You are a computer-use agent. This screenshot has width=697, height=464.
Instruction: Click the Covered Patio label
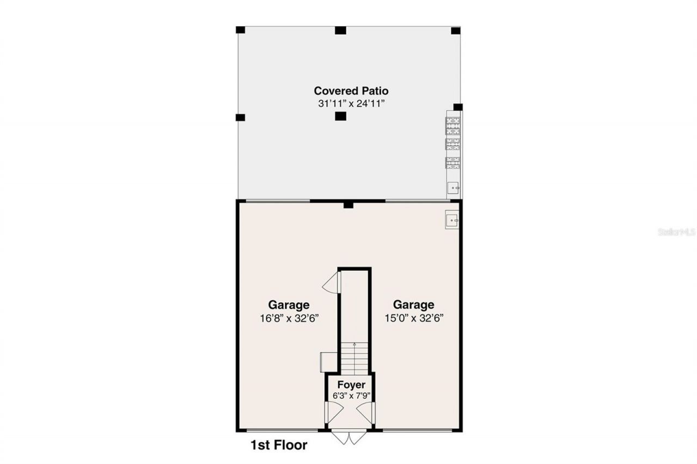pos(351,91)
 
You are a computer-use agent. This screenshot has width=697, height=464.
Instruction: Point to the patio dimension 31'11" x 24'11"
pos(351,104)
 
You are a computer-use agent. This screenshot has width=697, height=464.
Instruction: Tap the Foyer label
pos(351,385)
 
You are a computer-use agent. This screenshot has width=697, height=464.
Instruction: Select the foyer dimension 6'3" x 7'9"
pos(351,395)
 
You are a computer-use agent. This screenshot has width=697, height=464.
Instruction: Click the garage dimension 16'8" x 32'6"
pos(289,319)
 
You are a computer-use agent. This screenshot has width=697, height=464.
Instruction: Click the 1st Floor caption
pos(279,446)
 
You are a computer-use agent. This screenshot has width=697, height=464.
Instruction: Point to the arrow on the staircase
pos(354,345)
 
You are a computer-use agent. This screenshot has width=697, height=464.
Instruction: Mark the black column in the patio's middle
pos(340,116)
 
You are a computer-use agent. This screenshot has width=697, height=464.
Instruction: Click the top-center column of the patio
pos(340,30)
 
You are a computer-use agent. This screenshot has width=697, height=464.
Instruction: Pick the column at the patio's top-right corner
pos(456,30)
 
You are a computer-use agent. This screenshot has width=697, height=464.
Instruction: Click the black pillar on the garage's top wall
pos(348,205)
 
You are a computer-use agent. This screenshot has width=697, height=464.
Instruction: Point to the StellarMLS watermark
pos(677,232)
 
